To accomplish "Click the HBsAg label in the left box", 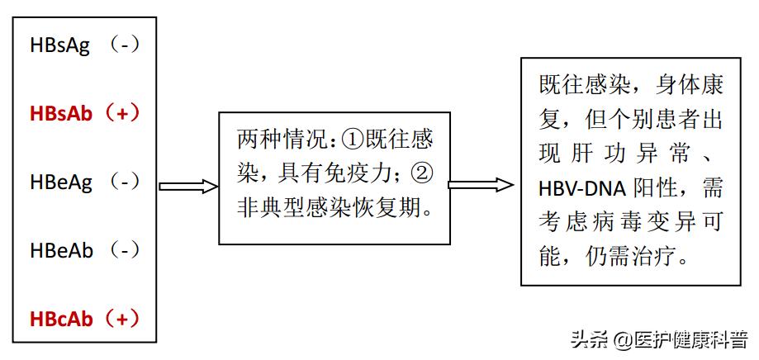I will click(x=59, y=46).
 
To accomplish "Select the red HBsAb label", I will click(x=61, y=113).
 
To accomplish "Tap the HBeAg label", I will click(x=60, y=181).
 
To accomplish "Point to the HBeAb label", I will click(x=61, y=249).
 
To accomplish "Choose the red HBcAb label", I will click(x=60, y=318).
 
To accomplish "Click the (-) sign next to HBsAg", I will click(x=124, y=46).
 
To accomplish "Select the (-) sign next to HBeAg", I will click(x=125, y=181).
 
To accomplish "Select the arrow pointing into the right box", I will click(x=480, y=184).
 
